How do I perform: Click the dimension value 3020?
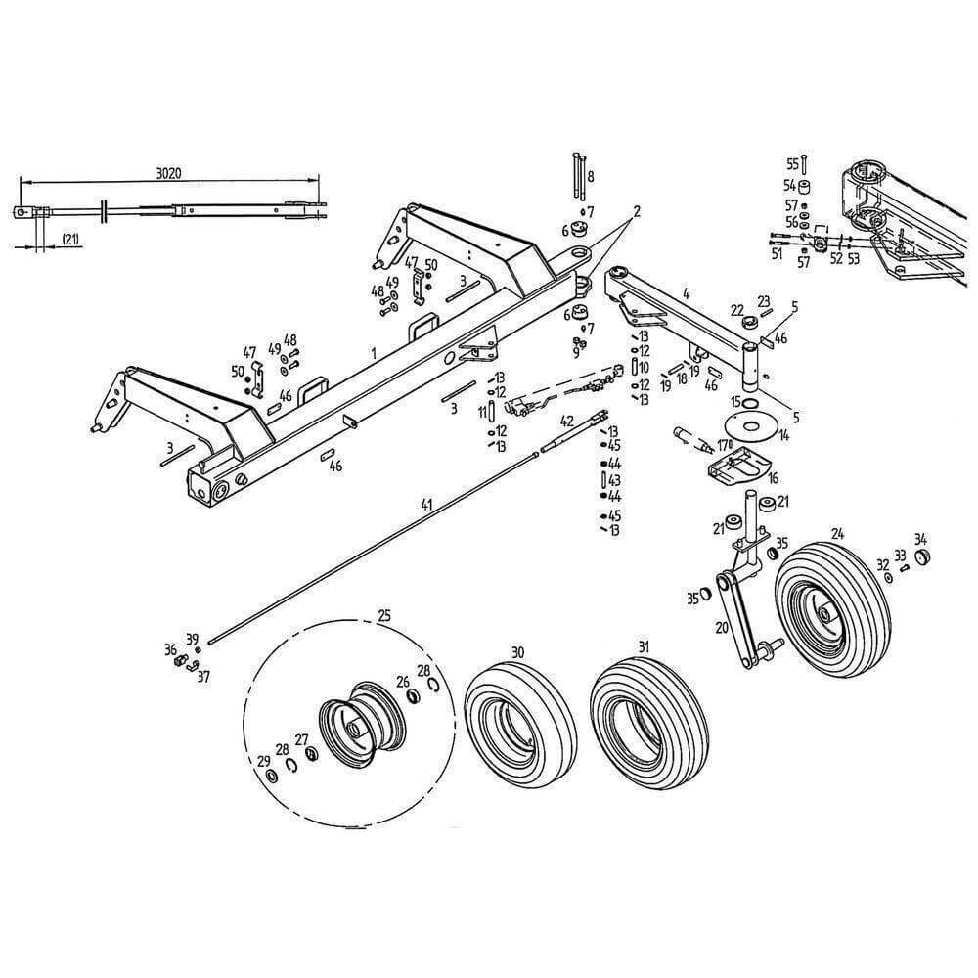(x=169, y=173)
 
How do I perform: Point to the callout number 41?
(x=425, y=505)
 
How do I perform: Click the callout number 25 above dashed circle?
(x=384, y=616)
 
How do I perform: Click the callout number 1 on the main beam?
(x=374, y=350)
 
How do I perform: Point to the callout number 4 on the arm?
(x=687, y=292)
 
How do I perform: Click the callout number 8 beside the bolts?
(x=590, y=177)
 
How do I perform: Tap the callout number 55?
(x=792, y=164)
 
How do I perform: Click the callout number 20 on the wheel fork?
(x=722, y=628)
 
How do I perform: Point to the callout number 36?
(x=171, y=649)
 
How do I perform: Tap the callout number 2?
(x=636, y=211)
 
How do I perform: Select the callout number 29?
(x=263, y=762)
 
